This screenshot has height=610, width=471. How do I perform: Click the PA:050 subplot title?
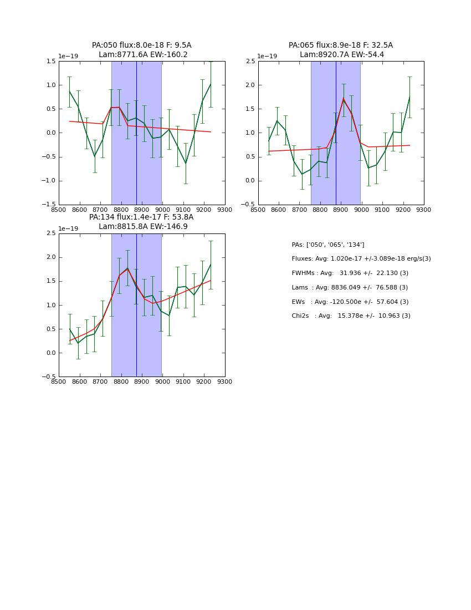click(141, 45)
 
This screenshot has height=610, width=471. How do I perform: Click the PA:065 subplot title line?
click(340, 45)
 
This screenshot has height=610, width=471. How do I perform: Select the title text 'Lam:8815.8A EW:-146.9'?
click(143, 227)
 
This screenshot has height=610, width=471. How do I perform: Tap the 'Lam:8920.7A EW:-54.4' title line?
click(341, 55)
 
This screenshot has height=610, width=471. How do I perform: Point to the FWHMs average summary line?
click(350, 273)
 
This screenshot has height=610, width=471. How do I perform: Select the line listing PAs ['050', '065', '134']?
click(327, 245)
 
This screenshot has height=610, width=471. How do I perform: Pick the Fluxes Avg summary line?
click(361, 259)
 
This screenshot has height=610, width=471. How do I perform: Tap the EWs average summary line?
click(350, 302)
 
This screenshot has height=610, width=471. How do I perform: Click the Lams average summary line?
click(349, 288)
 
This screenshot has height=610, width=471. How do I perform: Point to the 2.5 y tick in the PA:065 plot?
click(249, 62)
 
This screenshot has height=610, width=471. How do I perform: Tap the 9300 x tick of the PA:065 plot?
click(423, 210)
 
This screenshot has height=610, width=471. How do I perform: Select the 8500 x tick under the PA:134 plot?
click(59, 382)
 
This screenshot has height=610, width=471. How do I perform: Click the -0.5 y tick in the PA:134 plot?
click(49, 377)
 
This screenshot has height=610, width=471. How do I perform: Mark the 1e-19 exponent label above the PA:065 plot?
click(267, 57)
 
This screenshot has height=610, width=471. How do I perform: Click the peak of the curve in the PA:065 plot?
click(344, 99)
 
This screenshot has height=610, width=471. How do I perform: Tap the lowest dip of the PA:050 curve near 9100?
click(186, 164)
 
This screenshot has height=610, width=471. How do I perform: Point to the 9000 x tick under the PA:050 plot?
click(162, 210)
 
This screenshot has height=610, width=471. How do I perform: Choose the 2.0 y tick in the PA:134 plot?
click(50, 257)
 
